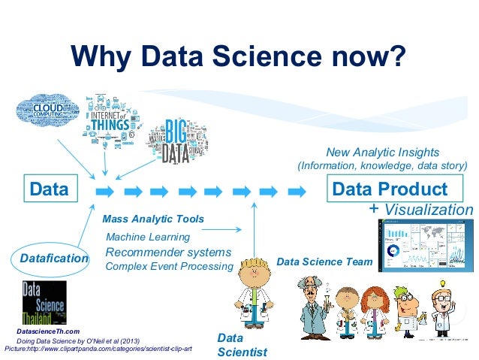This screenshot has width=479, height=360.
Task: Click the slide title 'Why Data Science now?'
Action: point(239,55)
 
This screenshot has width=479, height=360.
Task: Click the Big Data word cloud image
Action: point(177,144)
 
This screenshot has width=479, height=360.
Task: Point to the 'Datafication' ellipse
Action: point(53,259)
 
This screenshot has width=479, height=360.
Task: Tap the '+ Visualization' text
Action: point(421,209)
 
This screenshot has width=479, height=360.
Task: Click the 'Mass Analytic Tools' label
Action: point(152,219)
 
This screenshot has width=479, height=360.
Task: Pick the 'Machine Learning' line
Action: point(148,237)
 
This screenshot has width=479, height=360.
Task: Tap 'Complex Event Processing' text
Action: point(169,266)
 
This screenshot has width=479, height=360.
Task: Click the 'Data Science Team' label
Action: point(324,262)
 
